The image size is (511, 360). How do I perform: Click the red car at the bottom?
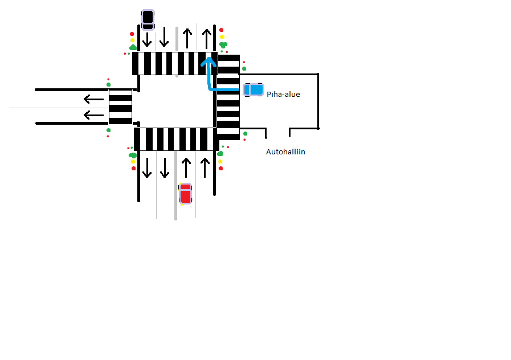[x=185, y=194]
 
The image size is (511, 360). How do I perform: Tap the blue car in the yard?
[x=254, y=89]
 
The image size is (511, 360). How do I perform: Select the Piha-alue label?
[x=283, y=95]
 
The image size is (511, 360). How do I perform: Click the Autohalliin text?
[x=285, y=152]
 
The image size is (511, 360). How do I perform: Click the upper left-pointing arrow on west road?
[x=93, y=99]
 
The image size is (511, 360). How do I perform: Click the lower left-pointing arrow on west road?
[x=93, y=115]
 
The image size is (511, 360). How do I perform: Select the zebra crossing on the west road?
[x=120, y=107]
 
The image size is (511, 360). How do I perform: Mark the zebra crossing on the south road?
[x=175, y=139]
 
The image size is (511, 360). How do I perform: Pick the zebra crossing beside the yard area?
[x=228, y=97]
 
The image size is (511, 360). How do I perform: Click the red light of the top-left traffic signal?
[x=132, y=34]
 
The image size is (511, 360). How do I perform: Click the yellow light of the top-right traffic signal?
[x=222, y=36]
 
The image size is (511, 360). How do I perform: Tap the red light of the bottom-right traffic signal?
[x=220, y=168]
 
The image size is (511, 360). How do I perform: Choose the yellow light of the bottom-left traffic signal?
[x=133, y=161]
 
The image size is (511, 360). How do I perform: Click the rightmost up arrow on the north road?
[x=207, y=38]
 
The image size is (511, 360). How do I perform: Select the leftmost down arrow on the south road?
[x=147, y=167]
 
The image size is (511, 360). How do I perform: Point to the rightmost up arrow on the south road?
[x=204, y=167]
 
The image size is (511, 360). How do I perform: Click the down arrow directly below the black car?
[x=147, y=39]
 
